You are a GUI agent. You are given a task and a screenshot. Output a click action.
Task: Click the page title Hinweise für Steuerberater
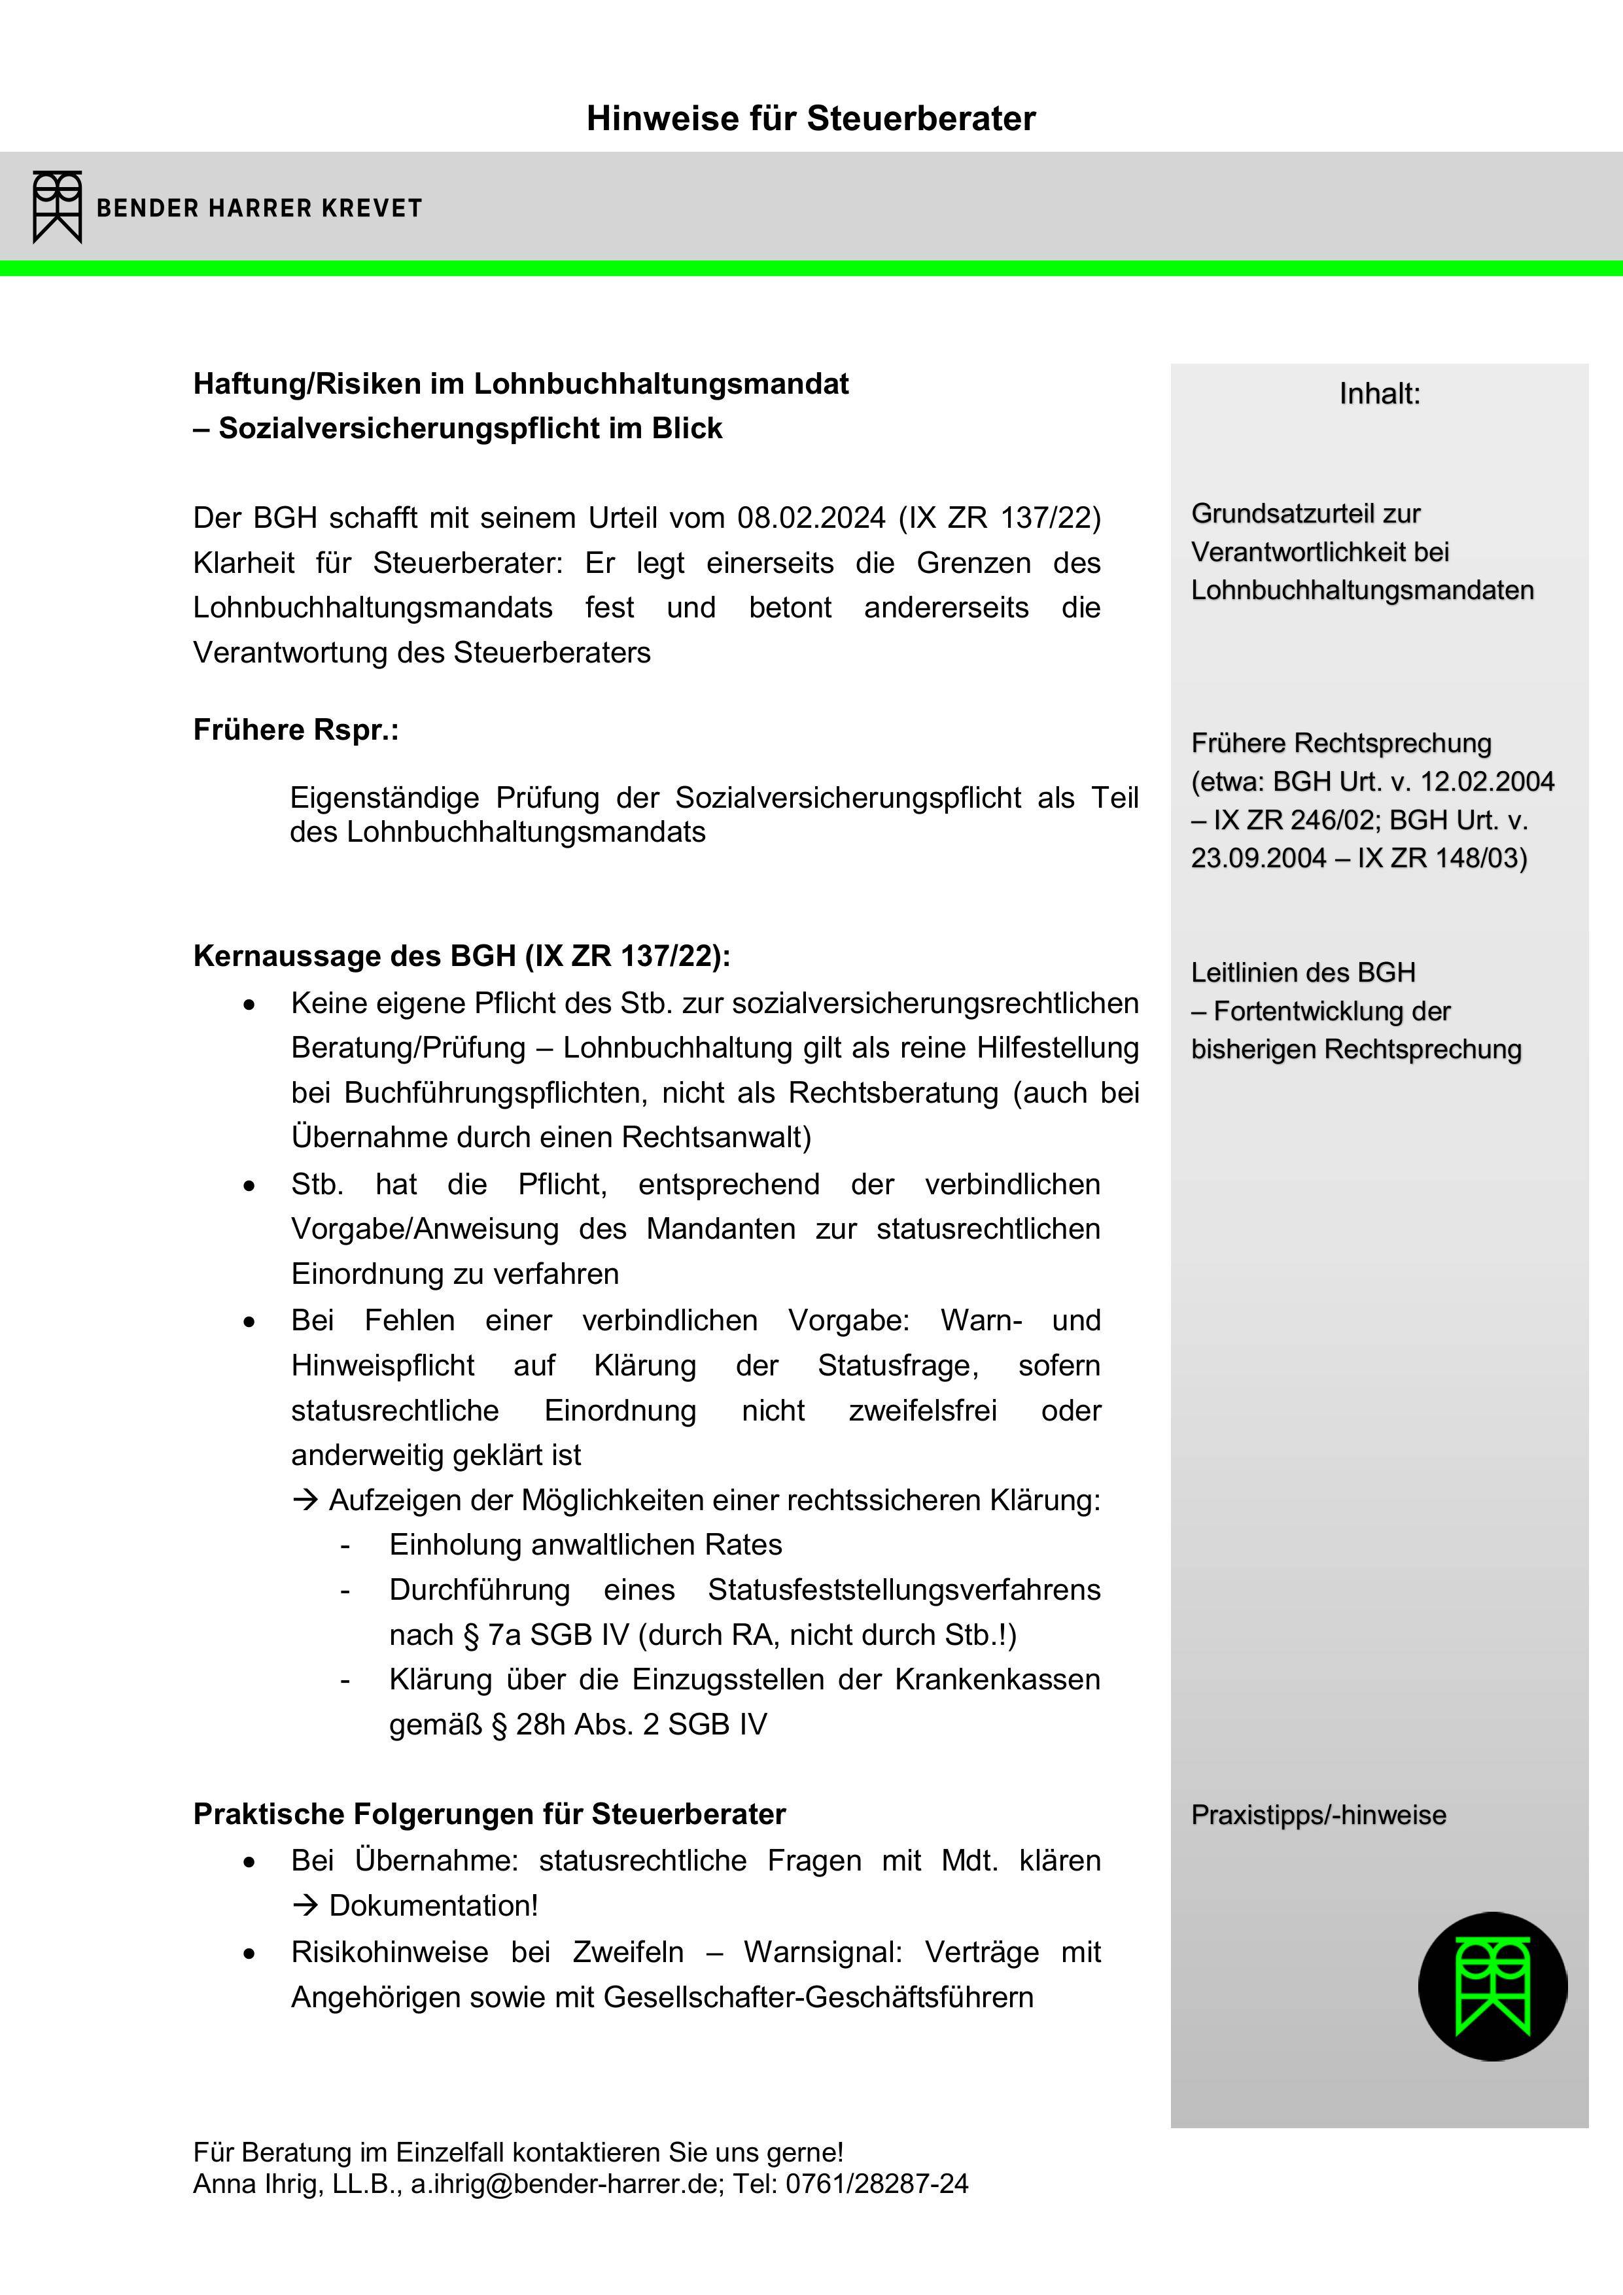click(811, 118)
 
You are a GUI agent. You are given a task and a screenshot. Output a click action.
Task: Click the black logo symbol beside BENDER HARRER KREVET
click(57, 207)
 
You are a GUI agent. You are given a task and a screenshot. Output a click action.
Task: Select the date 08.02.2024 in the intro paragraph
click(811, 518)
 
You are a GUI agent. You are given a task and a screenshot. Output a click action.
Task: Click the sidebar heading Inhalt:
click(1379, 394)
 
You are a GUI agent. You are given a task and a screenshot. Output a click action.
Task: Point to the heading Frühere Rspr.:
click(296, 730)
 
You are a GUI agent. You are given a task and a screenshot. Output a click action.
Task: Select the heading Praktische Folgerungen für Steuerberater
click(489, 1813)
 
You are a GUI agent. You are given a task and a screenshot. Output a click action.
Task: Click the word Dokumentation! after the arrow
click(433, 1905)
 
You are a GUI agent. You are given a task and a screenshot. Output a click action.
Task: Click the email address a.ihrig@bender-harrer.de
click(565, 2183)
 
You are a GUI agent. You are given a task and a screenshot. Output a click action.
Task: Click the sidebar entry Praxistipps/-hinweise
click(1318, 1815)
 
